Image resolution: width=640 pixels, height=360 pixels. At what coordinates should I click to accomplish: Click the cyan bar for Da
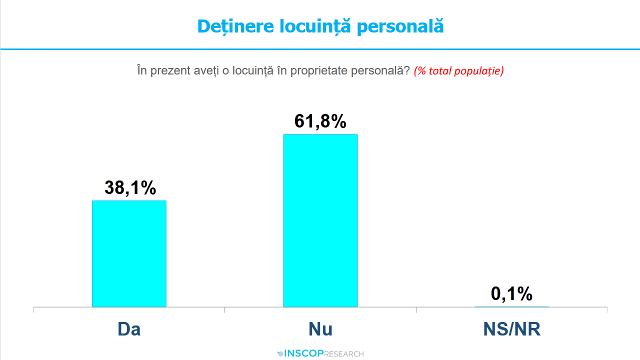[129, 253]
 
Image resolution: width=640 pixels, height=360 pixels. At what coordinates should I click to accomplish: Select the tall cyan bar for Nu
[320, 220]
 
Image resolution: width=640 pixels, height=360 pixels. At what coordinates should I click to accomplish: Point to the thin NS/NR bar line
[511, 306]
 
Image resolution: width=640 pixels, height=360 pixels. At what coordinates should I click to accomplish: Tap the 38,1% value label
[130, 187]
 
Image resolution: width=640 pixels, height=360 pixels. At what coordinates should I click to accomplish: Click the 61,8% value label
[320, 121]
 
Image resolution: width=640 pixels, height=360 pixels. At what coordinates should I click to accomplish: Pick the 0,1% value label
[511, 294]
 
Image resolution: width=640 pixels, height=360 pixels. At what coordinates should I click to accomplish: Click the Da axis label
[129, 329]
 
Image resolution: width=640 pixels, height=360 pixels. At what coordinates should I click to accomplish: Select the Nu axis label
[320, 329]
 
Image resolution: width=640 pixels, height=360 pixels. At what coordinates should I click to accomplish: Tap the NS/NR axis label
[512, 329]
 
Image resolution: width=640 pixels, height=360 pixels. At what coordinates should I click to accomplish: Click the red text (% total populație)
[458, 70]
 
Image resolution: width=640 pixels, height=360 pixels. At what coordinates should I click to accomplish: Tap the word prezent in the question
[167, 70]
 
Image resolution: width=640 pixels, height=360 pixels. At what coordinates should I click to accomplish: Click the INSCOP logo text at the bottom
[304, 354]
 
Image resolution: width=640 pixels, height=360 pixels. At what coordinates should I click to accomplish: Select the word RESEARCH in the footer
[344, 354]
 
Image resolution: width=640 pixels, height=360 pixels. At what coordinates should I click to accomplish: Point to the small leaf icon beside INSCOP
[280, 354]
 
